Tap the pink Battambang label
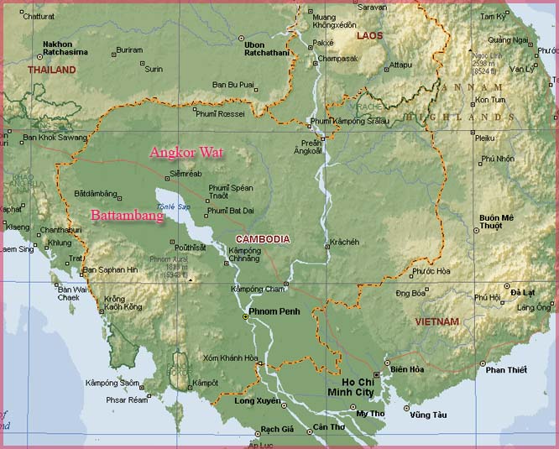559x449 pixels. (x=127, y=214)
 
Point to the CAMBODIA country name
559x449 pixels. (x=263, y=239)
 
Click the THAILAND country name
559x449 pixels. (x=52, y=70)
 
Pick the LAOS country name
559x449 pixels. (x=369, y=36)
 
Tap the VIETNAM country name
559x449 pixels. (x=437, y=321)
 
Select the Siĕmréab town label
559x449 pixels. (x=185, y=174)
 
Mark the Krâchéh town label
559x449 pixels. (x=344, y=242)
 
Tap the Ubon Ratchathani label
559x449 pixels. (x=265, y=48)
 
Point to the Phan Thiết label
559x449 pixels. (x=506, y=370)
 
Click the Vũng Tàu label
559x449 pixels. (x=428, y=415)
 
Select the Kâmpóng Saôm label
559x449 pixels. (x=112, y=383)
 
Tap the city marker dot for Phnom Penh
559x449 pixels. (x=245, y=316)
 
